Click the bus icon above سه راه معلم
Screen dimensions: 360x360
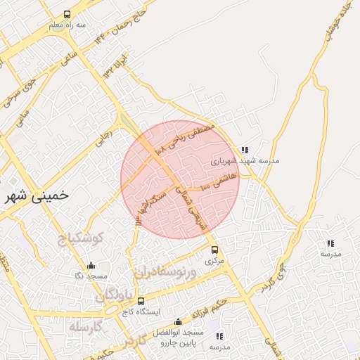67,14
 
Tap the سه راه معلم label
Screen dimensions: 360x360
67,25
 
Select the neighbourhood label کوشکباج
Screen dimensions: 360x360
81,238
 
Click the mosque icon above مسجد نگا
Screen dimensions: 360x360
90,266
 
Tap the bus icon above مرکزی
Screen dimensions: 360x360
214,250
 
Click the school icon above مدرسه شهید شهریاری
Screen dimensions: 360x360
244,150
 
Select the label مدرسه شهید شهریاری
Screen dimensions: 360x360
247,161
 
